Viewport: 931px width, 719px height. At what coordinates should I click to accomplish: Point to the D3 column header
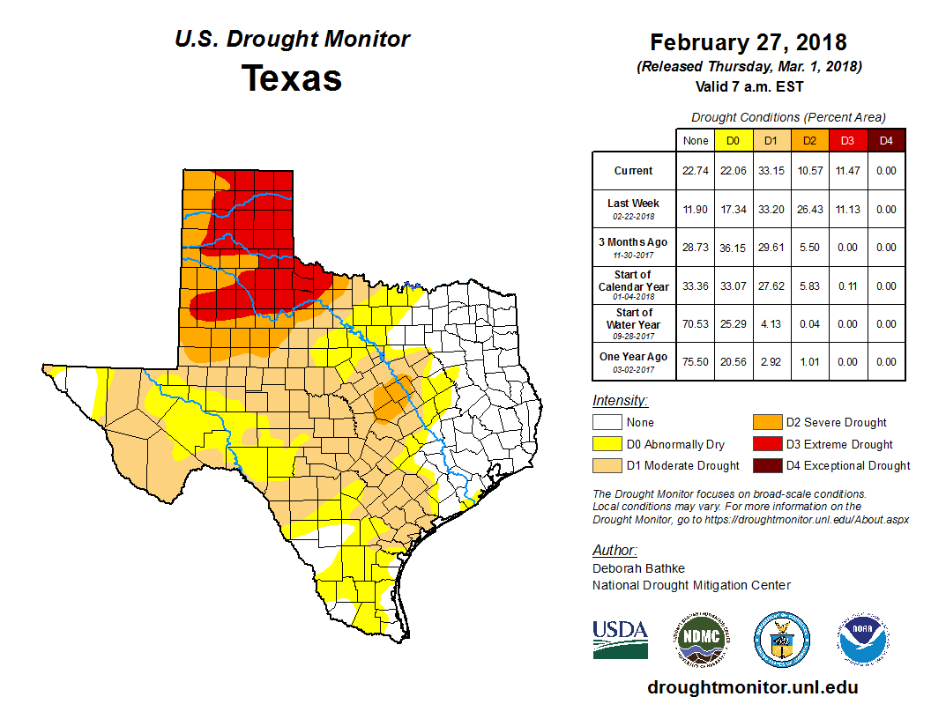845,140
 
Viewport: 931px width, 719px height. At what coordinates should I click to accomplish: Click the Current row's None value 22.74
696,171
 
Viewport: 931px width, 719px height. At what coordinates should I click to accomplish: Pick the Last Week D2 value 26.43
808,210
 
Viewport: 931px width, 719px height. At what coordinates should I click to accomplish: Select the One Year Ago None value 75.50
696,362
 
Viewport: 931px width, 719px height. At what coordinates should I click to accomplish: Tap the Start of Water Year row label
634,323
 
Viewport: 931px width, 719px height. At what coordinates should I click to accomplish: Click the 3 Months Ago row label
634,246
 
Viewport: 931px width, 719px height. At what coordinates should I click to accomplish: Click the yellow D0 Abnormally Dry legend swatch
607,444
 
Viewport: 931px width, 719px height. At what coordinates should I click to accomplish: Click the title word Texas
292,78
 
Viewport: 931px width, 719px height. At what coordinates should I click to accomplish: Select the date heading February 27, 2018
749,42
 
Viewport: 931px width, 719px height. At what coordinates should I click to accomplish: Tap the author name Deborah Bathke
638,568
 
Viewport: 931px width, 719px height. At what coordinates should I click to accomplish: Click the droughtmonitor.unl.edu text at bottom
752,687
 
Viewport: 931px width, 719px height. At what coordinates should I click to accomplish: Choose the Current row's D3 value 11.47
845,171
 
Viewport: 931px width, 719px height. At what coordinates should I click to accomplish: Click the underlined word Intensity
620,400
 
